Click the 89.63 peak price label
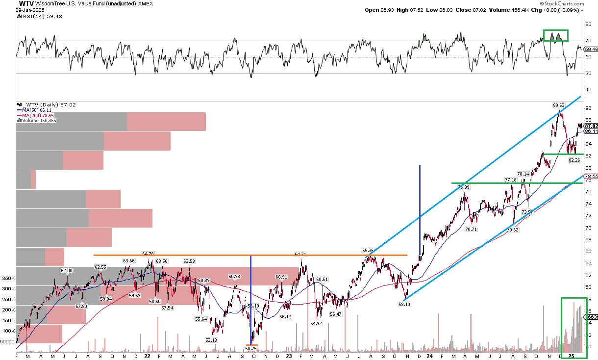pos(558,105)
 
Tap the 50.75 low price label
pos(251,348)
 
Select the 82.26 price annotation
pos(574,160)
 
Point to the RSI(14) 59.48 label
pos(33,17)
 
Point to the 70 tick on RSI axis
pos(588,41)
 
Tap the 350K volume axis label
pos(8,278)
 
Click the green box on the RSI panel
pos(555,35)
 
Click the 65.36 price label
pos(368,250)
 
